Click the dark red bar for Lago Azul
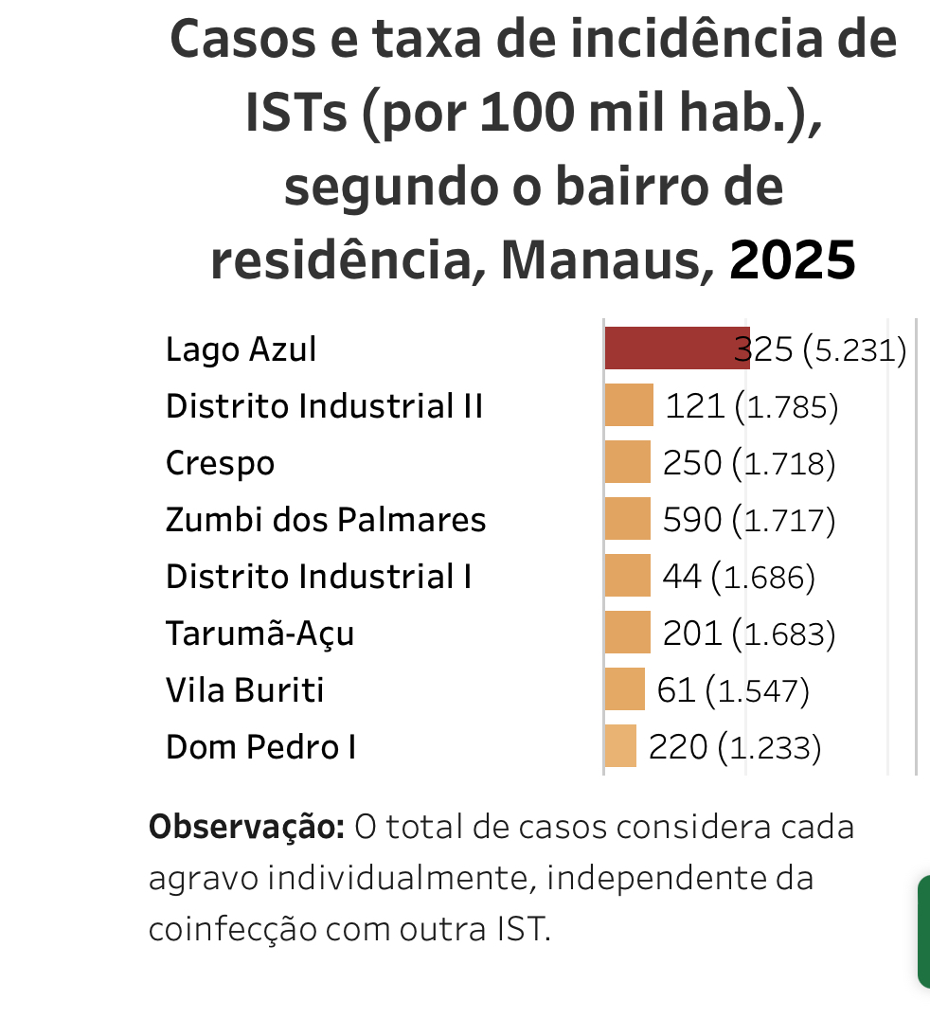[x=676, y=348]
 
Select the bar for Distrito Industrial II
[x=629, y=405]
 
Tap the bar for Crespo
[x=628, y=462]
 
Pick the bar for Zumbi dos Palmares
[x=628, y=519]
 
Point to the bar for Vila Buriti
[x=625, y=689]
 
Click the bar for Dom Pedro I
[x=621, y=746]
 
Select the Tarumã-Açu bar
[x=628, y=633]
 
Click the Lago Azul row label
[x=241, y=349]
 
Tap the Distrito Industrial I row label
[x=318, y=577]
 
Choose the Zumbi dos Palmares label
[x=326, y=520]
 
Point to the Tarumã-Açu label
[x=259, y=634]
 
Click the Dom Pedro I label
[x=260, y=747]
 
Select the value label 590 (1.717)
[x=748, y=520]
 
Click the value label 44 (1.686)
[x=739, y=577]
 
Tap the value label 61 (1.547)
[x=733, y=690]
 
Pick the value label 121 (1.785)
[x=752, y=406]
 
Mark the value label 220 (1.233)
[x=734, y=747]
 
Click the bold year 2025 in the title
[x=793, y=260]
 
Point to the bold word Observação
[x=246, y=827]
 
